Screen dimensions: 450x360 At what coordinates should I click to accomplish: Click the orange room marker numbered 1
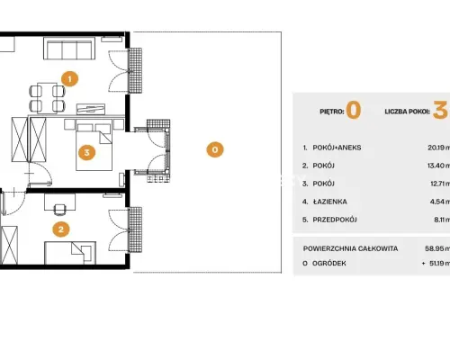click(69, 79)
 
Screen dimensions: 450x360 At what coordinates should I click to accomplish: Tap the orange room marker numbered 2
click(61, 229)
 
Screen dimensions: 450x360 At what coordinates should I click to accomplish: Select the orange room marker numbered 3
click(86, 152)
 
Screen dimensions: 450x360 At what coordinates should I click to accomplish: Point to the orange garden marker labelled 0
click(215, 149)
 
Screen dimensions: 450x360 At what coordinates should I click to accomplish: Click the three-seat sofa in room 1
click(69, 49)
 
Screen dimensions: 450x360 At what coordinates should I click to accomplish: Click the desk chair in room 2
click(60, 210)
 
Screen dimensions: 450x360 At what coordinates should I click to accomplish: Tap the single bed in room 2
click(70, 253)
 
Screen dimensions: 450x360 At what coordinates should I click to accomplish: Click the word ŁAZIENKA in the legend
click(330, 202)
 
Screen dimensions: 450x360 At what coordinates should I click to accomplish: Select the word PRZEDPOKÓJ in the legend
click(335, 220)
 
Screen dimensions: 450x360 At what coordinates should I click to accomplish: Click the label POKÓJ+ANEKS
click(337, 148)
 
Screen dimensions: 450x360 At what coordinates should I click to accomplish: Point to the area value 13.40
click(436, 166)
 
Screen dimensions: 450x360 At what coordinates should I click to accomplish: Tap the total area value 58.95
click(436, 248)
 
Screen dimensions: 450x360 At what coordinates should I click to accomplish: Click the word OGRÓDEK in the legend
click(329, 263)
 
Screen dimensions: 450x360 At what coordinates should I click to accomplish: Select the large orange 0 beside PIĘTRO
click(354, 110)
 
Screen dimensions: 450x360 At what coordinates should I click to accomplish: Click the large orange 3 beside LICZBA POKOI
click(440, 110)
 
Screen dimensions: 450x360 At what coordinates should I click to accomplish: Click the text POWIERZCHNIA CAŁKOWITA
click(350, 248)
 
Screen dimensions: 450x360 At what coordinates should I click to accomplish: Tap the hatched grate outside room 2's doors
click(135, 229)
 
